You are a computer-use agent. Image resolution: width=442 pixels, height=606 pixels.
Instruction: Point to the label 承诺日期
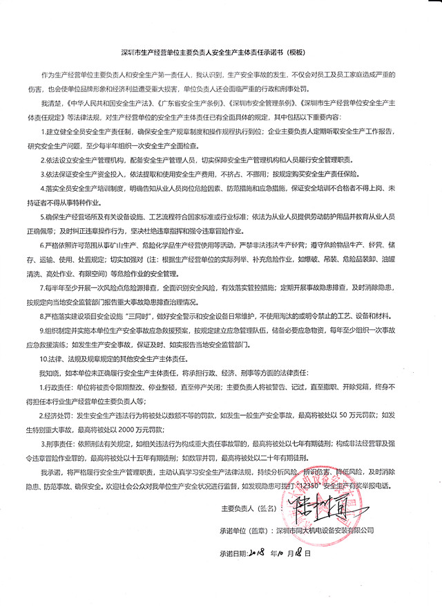tap(233, 553)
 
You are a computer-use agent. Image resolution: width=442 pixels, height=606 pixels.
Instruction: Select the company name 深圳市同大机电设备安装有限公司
tap(324, 529)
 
